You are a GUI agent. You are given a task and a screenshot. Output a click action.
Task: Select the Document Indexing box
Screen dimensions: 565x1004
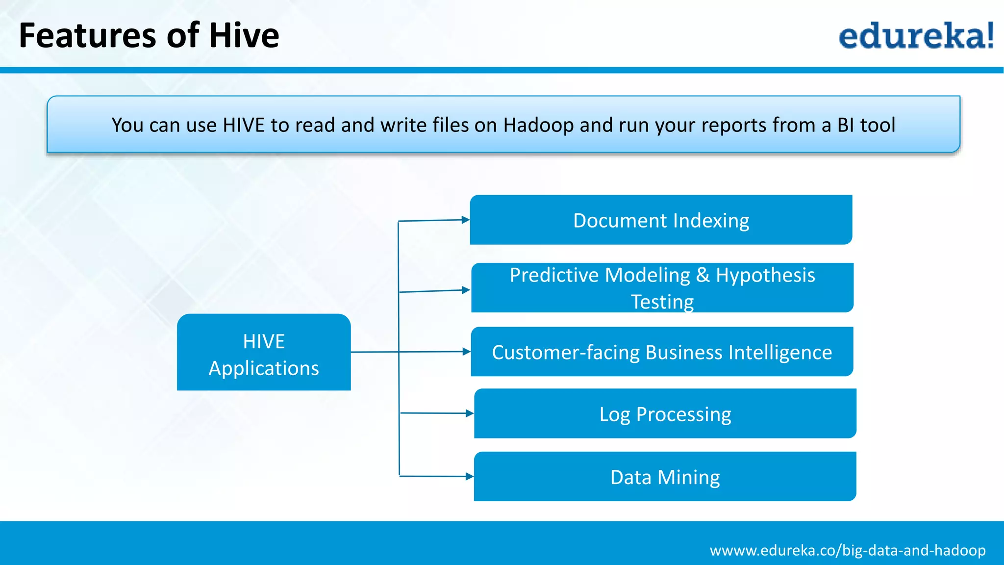click(x=661, y=220)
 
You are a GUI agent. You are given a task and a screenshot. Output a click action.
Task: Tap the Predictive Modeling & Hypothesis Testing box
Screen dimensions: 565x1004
click(x=662, y=287)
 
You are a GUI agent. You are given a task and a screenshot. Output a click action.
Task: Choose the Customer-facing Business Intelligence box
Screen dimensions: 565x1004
click(x=662, y=352)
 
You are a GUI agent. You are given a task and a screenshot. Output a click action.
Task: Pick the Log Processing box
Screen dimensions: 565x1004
click(x=665, y=413)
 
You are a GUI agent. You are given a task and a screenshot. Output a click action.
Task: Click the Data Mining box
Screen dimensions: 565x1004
click(x=665, y=476)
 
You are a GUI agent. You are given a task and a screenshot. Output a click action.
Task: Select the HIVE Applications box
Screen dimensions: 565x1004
click(x=264, y=352)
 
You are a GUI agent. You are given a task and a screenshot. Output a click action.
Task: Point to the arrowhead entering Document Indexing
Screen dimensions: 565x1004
click(x=466, y=220)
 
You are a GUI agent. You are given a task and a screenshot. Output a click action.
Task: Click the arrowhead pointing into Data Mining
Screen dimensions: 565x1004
click(x=469, y=476)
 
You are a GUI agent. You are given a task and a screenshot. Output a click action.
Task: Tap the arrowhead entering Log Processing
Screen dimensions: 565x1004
click(x=469, y=413)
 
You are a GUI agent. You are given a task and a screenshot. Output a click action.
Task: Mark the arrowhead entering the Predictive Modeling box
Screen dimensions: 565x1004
click(x=466, y=290)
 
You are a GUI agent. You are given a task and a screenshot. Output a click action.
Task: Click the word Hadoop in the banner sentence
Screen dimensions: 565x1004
click(x=538, y=126)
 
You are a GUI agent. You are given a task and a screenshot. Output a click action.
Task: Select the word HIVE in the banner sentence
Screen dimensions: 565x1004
click(x=244, y=125)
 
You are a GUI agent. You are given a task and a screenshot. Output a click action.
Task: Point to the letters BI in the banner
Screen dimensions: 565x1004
click(x=846, y=125)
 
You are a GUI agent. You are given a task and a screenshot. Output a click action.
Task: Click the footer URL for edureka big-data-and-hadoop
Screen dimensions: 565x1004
click(x=847, y=550)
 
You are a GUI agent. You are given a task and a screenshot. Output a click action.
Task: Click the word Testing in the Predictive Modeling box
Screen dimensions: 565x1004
click(x=662, y=302)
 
